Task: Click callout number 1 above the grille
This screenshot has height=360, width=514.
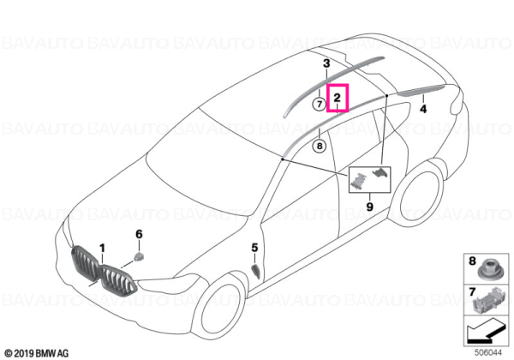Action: (102, 249)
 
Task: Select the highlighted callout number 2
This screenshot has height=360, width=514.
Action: (337, 98)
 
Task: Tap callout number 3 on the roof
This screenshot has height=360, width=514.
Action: (326, 63)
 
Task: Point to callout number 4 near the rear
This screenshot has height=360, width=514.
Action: (423, 109)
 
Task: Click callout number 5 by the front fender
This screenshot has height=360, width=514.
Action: (254, 248)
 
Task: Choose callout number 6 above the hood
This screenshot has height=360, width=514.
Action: (139, 234)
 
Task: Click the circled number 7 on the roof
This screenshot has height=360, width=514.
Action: (320, 105)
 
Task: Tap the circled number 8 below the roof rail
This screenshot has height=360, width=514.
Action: (320, 145)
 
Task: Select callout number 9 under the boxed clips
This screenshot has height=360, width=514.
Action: (369, 207)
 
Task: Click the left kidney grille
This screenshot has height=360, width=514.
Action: (85, 263)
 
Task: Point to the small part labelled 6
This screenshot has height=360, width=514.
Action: (140, 256)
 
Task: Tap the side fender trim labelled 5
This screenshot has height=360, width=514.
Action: (255, 272)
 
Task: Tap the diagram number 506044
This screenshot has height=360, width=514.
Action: (488, 353)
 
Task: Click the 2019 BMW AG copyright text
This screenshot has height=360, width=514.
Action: (37, 353)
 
